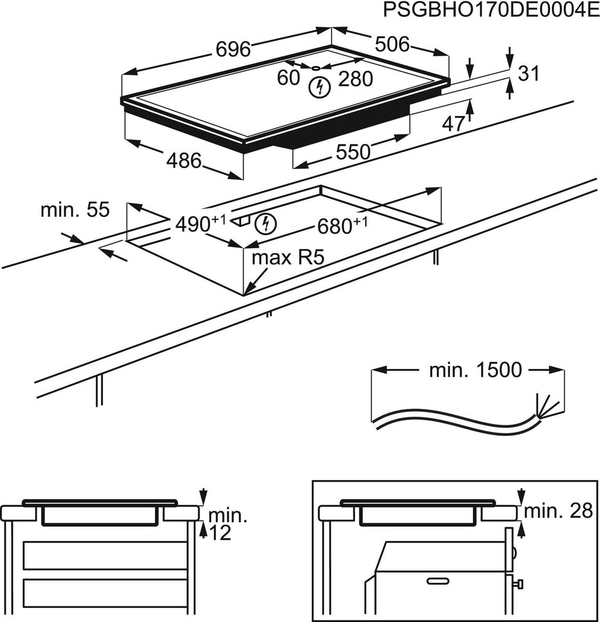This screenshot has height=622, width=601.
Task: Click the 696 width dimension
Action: (x=234, y=49)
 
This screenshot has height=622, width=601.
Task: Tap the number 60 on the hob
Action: (x=288, y=77)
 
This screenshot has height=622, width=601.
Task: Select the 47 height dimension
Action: (x=453, y=124)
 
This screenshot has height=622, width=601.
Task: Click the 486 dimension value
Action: (x=184, y=160)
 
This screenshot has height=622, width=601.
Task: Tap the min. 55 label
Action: (x=75, y=210)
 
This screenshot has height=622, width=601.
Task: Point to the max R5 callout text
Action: (x=288, y=258)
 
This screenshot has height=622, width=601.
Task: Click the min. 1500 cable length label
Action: (x=475, y=370)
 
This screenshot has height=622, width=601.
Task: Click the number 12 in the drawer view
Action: (x=219, y=533)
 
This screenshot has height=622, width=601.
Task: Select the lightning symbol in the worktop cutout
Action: (x=266, y=223)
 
